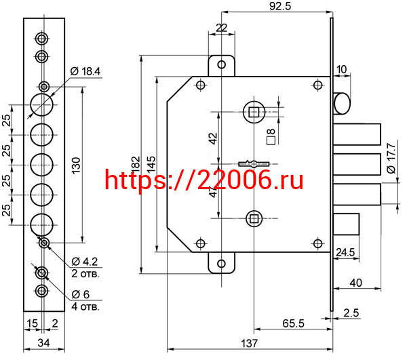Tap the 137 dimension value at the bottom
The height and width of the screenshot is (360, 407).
pyautogui.click(x=250, y=344)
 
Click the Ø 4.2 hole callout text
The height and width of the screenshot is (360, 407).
pyautogui.click(x=85, y=261)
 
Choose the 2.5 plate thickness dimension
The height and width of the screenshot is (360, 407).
pyautogui.click(x=370, y=313)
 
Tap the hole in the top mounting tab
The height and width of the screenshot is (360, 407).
pyautogui.click(x=220, y=64)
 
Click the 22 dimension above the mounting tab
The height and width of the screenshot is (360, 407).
pyautogui.click(x=220, y=27)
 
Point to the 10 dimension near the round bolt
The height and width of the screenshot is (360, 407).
pyautogui.click(x=341, y=68)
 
